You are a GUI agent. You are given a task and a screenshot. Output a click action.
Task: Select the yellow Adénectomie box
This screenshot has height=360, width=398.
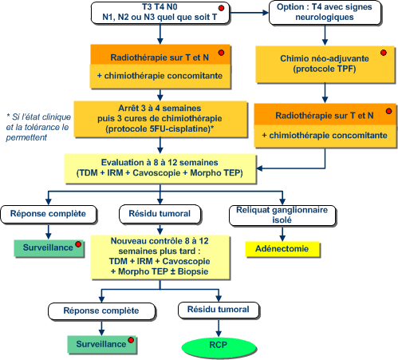pyautogui.click(x=282, y=249)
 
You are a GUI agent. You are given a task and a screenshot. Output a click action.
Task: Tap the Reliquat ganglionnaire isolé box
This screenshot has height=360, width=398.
pyautogui.click(x=282, y=216)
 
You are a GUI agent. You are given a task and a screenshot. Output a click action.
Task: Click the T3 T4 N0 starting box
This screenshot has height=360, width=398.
pyautogui.click(x=160, y=13)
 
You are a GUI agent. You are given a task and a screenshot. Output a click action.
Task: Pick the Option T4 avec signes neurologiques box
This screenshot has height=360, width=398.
pyautogui.click(x=325, y=13)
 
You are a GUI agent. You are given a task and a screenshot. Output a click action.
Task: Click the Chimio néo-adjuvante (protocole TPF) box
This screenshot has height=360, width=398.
pyautogui.click(x=325, y=64)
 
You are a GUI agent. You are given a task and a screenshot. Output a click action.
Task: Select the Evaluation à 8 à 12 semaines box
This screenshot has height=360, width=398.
pyautogui.click(x=160, y=168)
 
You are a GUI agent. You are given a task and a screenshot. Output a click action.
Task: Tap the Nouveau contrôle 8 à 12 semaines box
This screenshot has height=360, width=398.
pyautogui.click(x=160, y=257)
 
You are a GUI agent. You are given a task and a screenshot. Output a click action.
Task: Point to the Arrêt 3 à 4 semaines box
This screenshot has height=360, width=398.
pyautogui.click(x=160, y=119)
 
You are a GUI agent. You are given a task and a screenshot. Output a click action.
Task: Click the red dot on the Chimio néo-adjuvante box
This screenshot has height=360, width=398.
pyautogui.click(x=384, y=53)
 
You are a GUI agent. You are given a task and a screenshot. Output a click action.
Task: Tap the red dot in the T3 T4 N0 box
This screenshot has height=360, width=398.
pyautogui.click(x=221, y=8)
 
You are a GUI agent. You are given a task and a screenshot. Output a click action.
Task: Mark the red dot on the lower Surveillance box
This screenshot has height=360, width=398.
pyautogui.click(x=131, y=340)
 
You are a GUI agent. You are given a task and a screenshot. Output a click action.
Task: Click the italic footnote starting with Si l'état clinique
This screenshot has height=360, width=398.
pyautogui.click(x=38, y=127)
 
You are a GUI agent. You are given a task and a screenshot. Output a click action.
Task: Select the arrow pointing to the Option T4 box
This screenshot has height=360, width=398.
pyautogui.click(x=249, y=13)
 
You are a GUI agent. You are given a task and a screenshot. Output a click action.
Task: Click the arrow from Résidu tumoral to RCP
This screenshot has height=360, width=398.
pyautogui.click(x=219, y=328)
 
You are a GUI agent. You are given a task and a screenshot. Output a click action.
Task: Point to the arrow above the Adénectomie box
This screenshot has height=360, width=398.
pyautogui.click(x=282, y=234)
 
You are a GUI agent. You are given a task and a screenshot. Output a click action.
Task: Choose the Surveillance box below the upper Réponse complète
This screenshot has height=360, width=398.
pyautogui.click(x=49, y=248)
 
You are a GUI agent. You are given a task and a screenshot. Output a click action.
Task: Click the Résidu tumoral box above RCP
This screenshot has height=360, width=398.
pyautogui.click(x=219, y=310)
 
